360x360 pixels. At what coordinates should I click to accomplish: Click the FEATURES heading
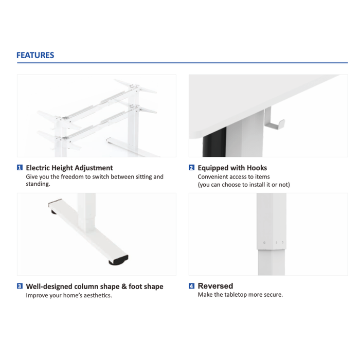coord(35,55)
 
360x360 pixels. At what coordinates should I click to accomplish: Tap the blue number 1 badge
coord(20,168)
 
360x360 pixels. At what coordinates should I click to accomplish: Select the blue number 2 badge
coord(191,168)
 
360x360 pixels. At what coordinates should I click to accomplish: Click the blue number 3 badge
coord(20,286)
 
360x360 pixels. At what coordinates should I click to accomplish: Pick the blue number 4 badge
coord(191,286)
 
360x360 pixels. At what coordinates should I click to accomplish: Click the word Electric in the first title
coord(38,168)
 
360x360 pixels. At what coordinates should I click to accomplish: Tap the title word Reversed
coord(215,286)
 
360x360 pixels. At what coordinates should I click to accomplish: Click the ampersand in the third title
coord(124,286)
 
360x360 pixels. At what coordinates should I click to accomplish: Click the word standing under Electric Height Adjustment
coord(38,184)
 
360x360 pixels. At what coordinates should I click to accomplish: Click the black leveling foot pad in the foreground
coord(118,261)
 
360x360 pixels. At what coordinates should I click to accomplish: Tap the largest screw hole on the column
coord(264,243)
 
